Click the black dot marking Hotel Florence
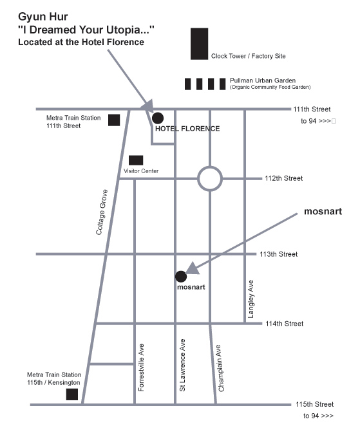point(158,118)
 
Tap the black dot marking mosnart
point(181,277)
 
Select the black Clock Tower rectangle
point(199,44)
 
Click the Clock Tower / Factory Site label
point(248,56)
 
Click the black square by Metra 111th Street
point(114,120)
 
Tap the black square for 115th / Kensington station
point(72,394)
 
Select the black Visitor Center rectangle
point(136,160)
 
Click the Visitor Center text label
point(141,171)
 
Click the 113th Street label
point(279,254)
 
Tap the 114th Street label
point(285,324)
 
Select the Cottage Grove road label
point(102,212)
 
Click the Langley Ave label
point(251,299)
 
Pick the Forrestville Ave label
point(141,367)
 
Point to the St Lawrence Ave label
point(182,365)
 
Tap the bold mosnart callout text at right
point(323,211)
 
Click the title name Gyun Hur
point(43,17)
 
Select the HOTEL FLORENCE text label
point(187,129)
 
